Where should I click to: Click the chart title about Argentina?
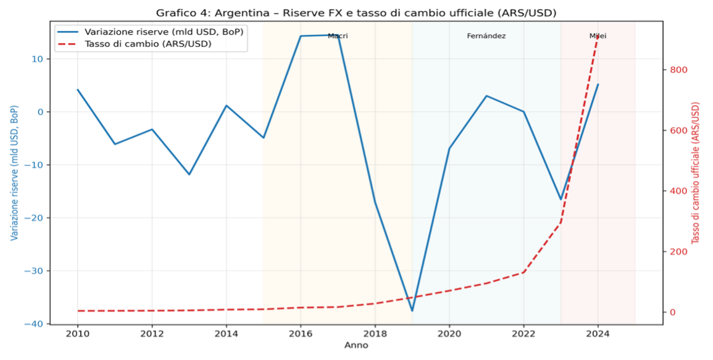tap(356, 13)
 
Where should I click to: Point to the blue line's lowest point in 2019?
tap(412, 311)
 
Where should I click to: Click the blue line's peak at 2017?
tap(338, 35)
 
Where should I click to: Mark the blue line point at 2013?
tap(189, 174)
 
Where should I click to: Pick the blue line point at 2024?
tap(598, 85)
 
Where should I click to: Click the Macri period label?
tap(338, 36)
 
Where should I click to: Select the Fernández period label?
tap(486, 36)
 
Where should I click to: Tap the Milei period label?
tap(598, 36)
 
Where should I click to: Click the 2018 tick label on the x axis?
tap(375, 334)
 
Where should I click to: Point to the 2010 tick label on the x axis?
tap(77, 334)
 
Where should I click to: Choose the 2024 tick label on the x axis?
tap(598, 334)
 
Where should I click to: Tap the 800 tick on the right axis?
tap(679, 70)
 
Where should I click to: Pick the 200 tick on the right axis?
tap(679, 251)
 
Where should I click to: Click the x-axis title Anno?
tap(356, 345)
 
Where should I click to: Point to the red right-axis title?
tap(696, 173)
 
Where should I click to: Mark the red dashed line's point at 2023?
tap(561, 222)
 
